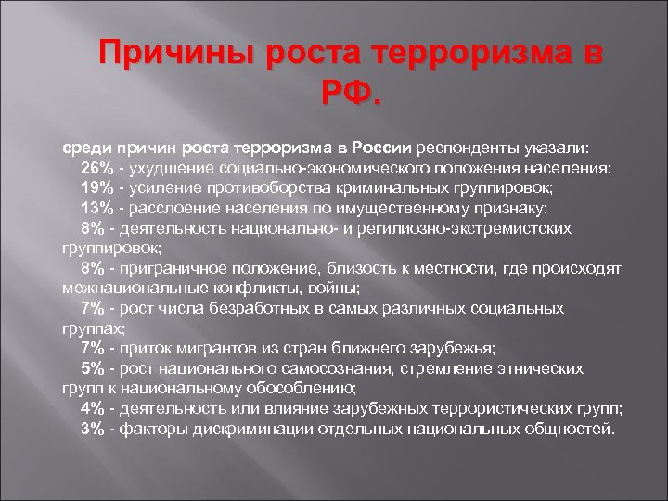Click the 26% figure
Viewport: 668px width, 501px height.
[x=96, y=167]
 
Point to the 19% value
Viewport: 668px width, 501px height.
[x=96, y=186]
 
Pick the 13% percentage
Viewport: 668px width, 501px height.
[x=96, y=207]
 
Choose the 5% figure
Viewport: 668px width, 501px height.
[x=92, y=368]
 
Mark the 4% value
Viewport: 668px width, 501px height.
[x=92, y=408]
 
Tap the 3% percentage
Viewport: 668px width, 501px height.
[x=92, y=429]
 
